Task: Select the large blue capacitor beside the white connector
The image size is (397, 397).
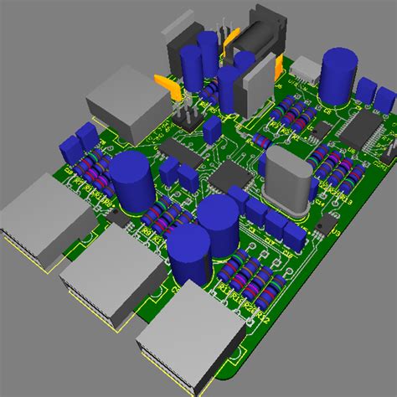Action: click(340, 76)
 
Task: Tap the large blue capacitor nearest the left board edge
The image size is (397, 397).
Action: click(131, 179)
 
